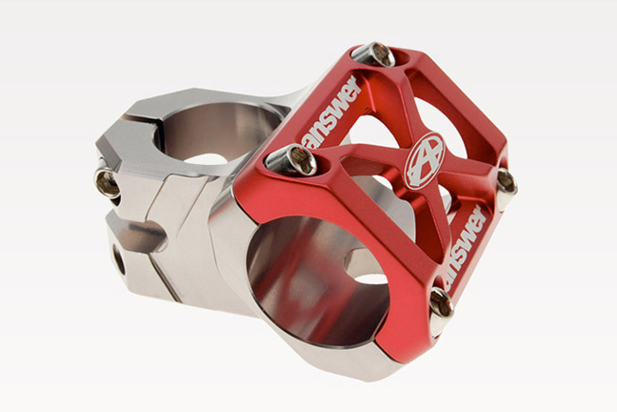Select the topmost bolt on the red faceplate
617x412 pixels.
[x=377, y=54]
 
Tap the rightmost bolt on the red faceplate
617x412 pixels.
[x=506, y=180]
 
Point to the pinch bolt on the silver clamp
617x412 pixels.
[x=108, y=181]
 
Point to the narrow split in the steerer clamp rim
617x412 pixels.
[x=152, y=120]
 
